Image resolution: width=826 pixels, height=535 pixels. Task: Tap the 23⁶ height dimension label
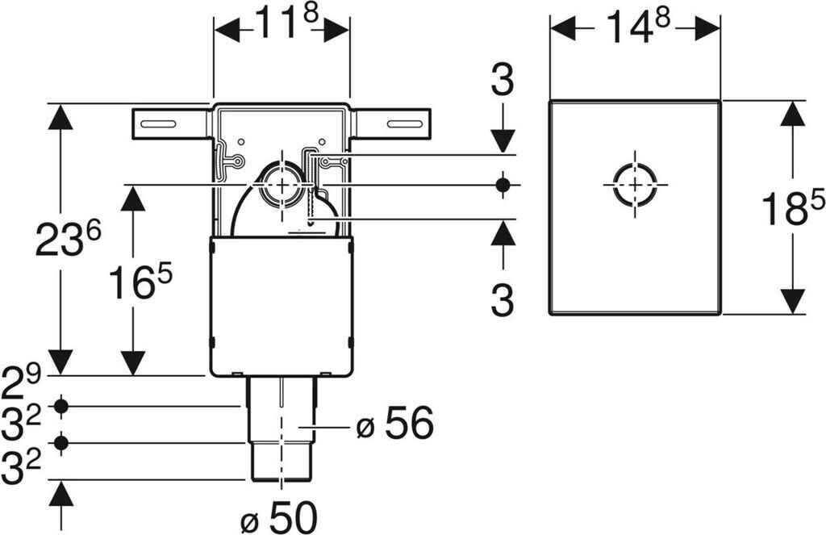click(x=69, y=240)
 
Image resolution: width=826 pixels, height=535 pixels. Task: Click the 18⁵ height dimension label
click(x=793, y=208)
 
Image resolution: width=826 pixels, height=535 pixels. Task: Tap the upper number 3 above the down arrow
click(x=502, y=82)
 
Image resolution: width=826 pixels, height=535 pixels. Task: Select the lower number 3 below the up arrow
click(x=502, y=301)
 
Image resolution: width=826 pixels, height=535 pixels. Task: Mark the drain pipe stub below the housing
click(x=281, y=428)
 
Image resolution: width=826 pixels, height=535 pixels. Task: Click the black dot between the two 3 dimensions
click(x=503, y=185)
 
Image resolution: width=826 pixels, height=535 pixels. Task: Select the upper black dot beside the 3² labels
click(x=60, y=406)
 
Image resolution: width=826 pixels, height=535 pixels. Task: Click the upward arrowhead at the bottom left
click(x=60, y=493)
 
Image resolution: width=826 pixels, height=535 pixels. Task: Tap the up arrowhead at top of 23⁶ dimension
click(x=60, y=118)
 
